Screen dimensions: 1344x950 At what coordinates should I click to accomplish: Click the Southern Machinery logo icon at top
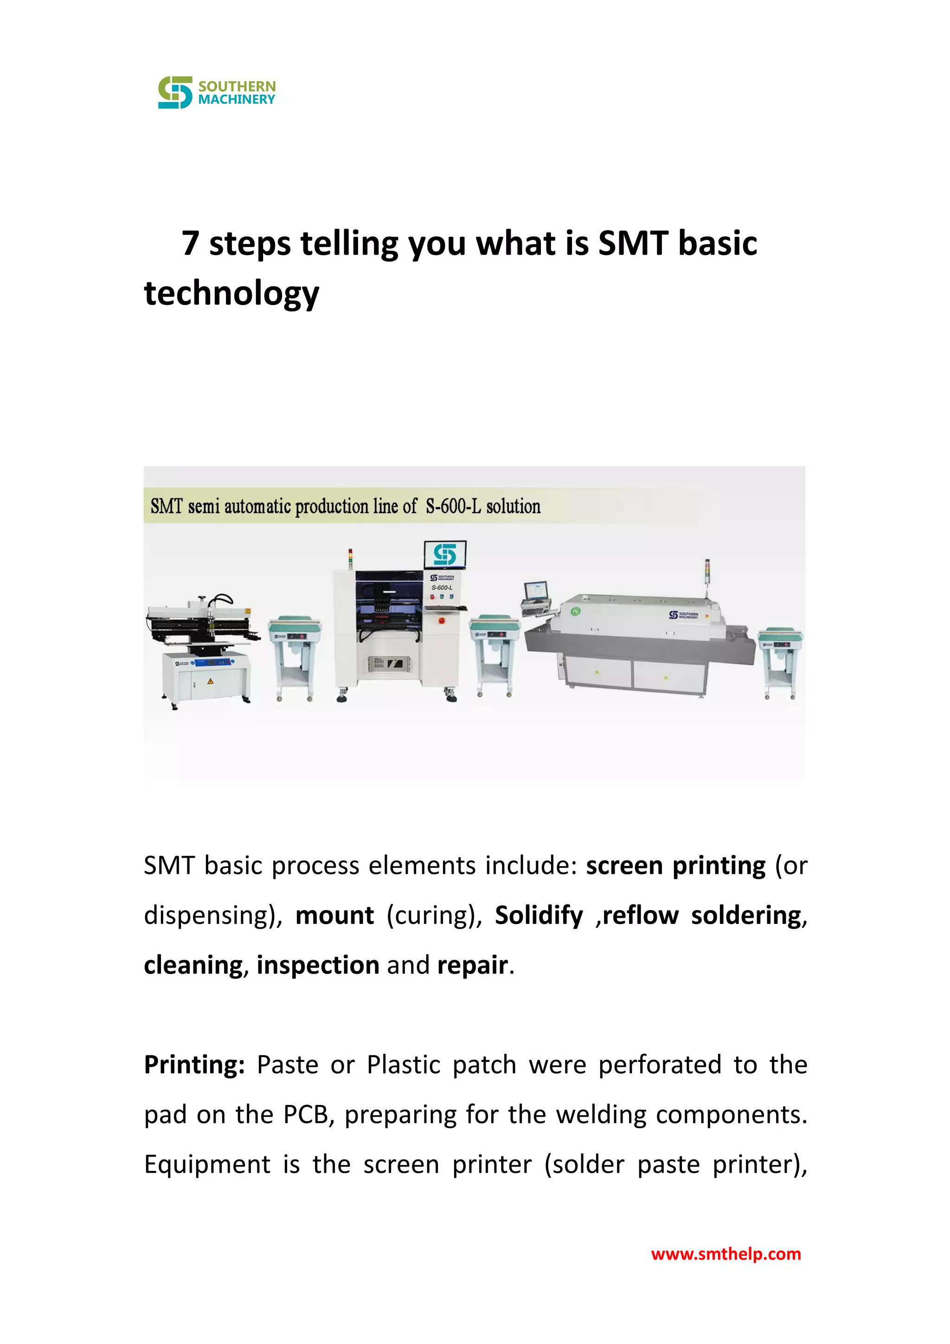point(175,92)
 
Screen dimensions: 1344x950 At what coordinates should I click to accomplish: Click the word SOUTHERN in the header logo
point(237,86)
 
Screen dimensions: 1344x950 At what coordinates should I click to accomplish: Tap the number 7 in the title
point(190,244)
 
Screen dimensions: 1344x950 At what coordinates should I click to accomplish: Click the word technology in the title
point(231,293)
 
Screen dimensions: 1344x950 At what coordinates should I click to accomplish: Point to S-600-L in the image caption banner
point(453,506)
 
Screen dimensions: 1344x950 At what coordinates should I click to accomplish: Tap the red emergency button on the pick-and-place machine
point(441,620)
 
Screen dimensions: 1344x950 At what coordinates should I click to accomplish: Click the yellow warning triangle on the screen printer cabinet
point(210,681)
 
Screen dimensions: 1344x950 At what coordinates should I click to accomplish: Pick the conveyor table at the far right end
point(780,661)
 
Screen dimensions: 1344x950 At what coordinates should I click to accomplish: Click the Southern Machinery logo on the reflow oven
point(683,614)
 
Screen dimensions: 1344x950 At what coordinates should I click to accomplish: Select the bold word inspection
point(318,965)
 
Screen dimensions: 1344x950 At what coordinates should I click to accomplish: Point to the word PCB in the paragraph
point(305,1115)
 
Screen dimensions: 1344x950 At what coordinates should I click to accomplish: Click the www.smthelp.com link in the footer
point(725,1254)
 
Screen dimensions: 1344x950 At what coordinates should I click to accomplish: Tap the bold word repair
point(473,965)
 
